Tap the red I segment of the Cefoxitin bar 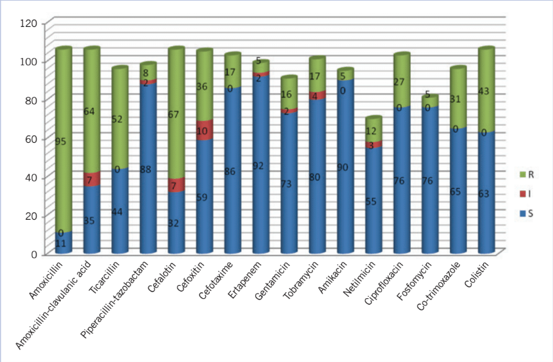204,130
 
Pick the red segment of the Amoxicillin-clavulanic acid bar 91,179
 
